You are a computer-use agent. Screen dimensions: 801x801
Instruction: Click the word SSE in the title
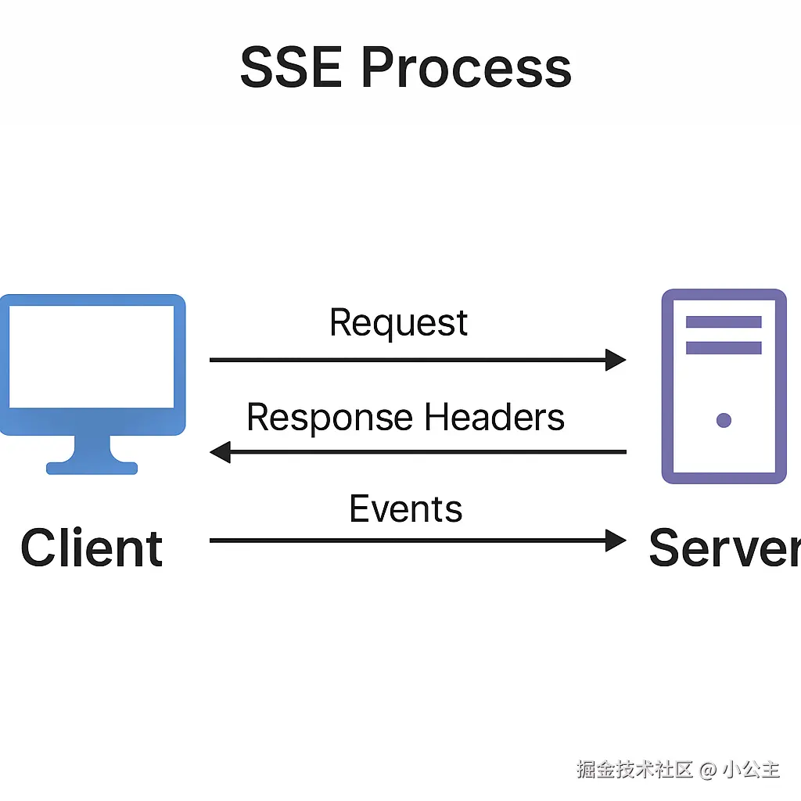point(291,67)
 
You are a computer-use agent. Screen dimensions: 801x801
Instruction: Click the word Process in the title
point(466,67)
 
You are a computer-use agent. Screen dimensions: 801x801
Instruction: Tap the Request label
point(398,323)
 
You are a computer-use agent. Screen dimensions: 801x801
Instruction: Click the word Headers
point(494,417)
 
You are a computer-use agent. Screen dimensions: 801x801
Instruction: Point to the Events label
point(406,508)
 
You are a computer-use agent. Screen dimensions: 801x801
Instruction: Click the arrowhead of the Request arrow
point(616,360)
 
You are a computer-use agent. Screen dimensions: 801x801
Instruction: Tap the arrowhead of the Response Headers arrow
point(220,452)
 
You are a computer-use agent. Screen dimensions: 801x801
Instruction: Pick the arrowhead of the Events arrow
point(616,541)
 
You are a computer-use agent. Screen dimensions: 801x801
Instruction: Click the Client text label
point(92,548)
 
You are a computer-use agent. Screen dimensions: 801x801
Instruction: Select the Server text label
point(724,548)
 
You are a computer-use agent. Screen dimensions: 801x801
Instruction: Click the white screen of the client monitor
point(92,357)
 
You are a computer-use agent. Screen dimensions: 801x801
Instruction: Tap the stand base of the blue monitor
point(92,468)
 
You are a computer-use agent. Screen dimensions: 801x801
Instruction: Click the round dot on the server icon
point(724,420)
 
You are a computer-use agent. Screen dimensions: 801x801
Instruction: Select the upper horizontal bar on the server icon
point(724,321)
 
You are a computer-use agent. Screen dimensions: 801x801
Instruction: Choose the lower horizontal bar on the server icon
point(724,348)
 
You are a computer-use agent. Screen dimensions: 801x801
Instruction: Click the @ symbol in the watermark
point(707,770)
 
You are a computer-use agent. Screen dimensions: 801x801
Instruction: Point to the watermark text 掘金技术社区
point(635,770)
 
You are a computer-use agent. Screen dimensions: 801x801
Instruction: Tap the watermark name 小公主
point(751,770)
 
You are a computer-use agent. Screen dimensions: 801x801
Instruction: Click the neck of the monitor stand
point(92,448)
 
